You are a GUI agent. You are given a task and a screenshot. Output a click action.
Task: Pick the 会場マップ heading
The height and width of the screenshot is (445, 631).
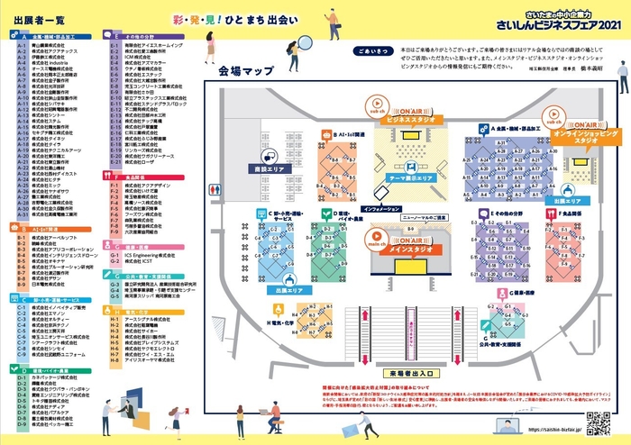click(x=239, y=69)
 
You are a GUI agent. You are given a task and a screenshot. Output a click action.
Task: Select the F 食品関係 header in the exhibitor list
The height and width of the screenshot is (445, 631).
click(x=146, y=177)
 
